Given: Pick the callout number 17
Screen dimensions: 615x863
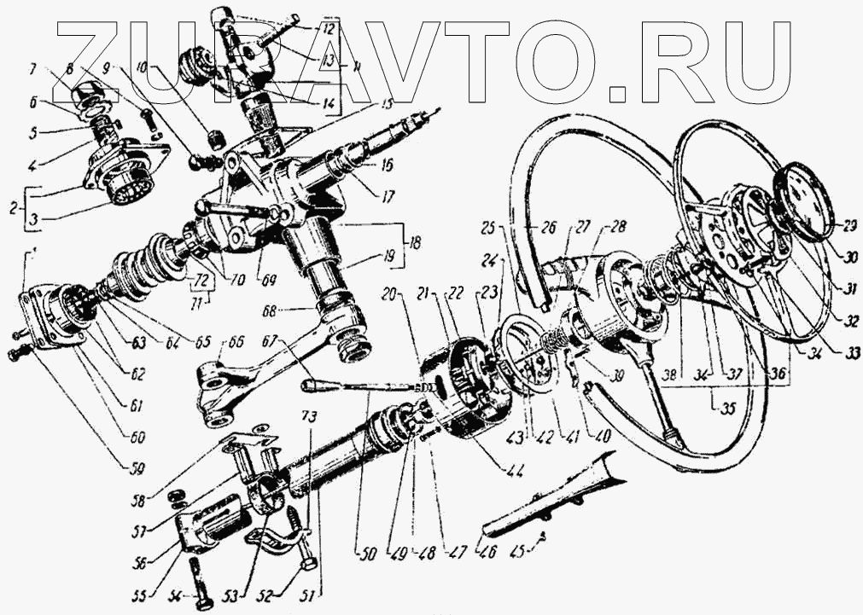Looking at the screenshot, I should (388, 196).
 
